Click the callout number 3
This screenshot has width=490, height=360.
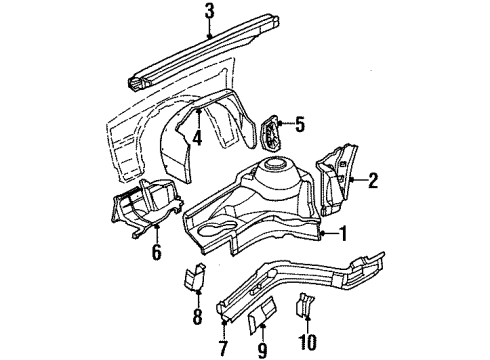coord(209,11)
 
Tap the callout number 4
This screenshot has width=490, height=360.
coord(198,138)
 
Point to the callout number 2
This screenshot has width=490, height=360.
coord(373,180)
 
